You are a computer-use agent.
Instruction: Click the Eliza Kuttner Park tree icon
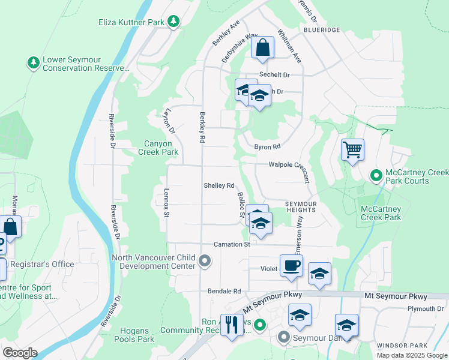(x=173, y=22)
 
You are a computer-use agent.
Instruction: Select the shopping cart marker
(x=352, y=149)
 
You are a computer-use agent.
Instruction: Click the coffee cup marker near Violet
(x=291, y=266)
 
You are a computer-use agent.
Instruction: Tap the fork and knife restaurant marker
(x=232, y=325)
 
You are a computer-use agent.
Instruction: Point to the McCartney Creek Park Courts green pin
(x=376, y=176)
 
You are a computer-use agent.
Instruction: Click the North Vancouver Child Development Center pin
(x=205, y=261)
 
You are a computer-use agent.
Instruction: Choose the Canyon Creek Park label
(x=158, y=148)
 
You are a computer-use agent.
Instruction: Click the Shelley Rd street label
(x=218, y=186)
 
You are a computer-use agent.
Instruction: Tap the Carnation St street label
(x=231, y=245)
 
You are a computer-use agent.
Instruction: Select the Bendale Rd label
(x=224, y=291)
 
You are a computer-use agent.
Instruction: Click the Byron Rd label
(x=267, y=146)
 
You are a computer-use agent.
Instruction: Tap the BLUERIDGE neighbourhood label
(x=322, y=29)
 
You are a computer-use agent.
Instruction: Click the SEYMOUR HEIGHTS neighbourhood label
(x=292, y=206)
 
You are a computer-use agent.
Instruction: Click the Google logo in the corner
(x=20, y=353)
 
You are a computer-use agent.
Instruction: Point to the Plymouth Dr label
(x=424, y=309)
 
